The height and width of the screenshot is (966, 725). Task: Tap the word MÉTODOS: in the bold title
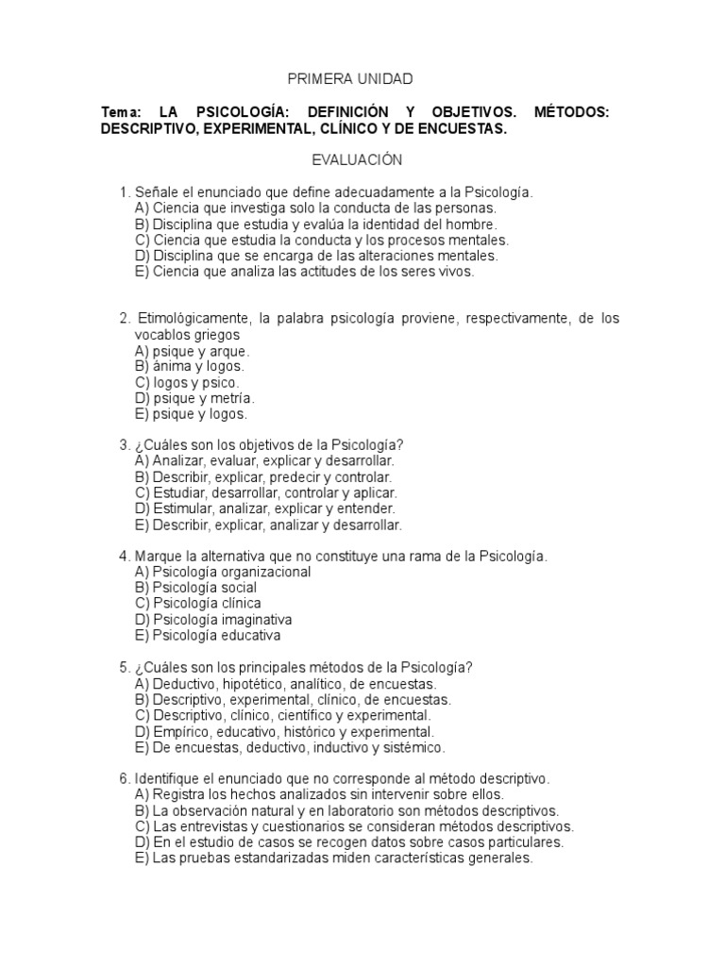tap(571, 113)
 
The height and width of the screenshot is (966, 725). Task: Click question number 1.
tap(124, 192)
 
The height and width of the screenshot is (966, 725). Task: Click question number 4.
tap(124, 557)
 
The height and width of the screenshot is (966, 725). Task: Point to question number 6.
tap(124, 779)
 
